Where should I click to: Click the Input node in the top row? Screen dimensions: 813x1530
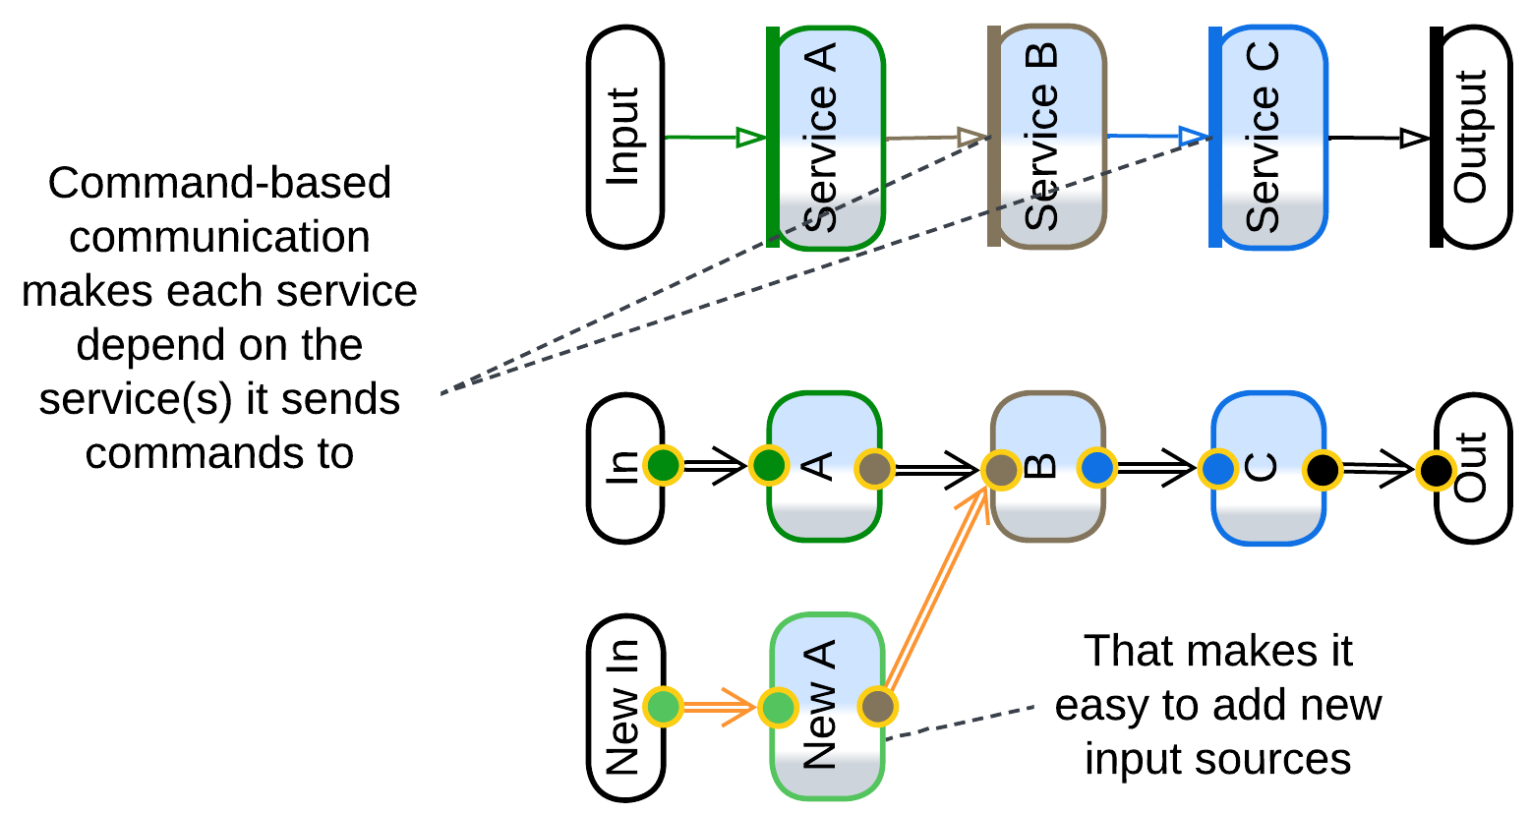pyautogui.click(x=625, y=137)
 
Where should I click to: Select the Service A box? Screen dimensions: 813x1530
pyautogui.click(x=828, y=137)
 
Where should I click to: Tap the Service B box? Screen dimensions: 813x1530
pyautogui.click(x=1048, y=137)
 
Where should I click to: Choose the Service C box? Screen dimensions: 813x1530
pyautogui.click(x=1269, y=137)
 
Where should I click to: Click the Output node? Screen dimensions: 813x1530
pyautogui.click(x=1472, y=137)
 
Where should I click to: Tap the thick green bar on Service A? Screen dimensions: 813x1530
pyautogui.click(x=773, y=137)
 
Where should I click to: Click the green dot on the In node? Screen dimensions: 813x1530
pyautogui.click(x=664, y=466)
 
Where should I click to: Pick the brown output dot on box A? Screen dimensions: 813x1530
pyautogui.click(x=874, y=469)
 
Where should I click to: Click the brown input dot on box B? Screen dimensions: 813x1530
pyautogui.click(x=1001, y=470)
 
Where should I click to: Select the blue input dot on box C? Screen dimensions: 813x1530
pyautogui.click(x=1218, y=468)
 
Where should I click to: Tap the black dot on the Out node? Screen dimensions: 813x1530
pyautogui.click(x=1436, y=471)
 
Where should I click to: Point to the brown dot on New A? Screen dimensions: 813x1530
pyautogui.click(x=877, y=706)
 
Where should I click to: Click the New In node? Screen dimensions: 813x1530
pyautogui.click(x=625, y=708)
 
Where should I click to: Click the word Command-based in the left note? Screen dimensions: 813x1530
pyautogui.click(x=219, y=184)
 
